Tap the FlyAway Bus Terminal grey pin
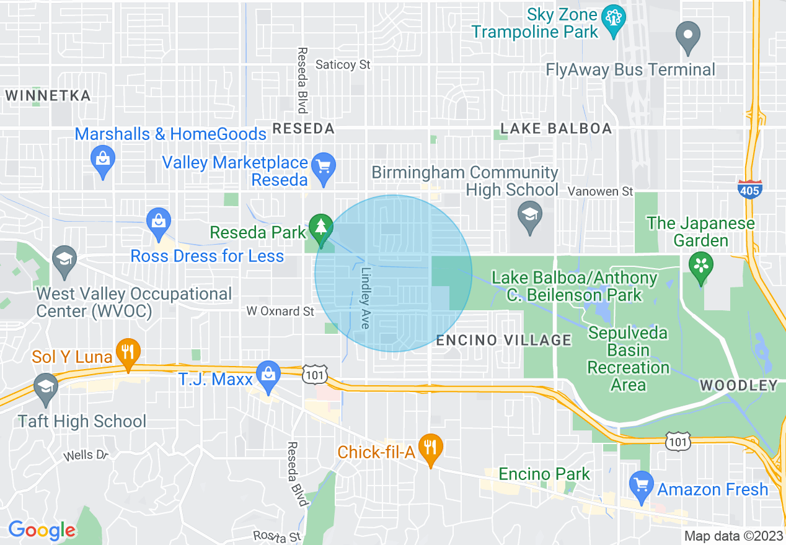688,37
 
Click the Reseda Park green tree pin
320,230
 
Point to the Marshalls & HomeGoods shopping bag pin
103,160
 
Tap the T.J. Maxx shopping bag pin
268,377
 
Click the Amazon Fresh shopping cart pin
641,486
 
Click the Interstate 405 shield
749,189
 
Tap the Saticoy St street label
343,64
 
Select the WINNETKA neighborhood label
48,96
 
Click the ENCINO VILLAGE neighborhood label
503,339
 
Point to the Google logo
42,530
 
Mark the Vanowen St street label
601,191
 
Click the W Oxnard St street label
280,311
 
